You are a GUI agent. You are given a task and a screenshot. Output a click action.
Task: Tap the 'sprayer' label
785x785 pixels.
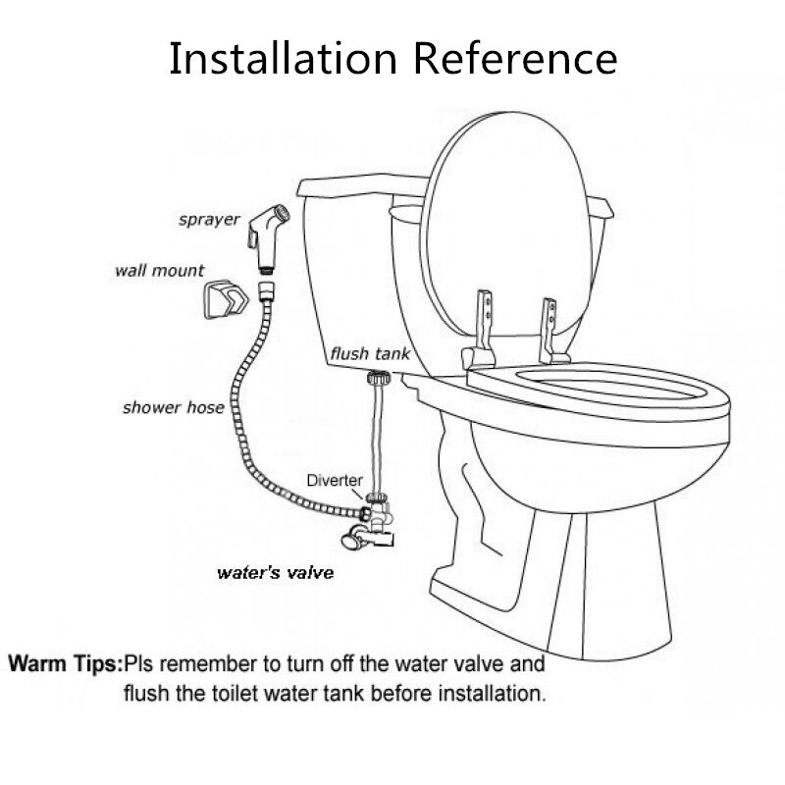pyautogui.click(x=209, y=219)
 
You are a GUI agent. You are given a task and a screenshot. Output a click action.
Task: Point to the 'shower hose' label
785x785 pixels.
pyautogui.click(x=173, y=406)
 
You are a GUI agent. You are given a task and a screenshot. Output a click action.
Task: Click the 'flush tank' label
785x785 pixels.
pyautogui.click(x=369, y=353)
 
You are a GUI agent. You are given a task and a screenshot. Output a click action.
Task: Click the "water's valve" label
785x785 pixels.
pyautogui.click(x=275, y=573)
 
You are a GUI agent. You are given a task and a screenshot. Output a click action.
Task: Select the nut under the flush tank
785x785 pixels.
pyautogui.click(x=375, y=378)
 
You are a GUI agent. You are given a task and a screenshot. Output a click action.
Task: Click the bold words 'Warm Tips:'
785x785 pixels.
pyautogui.click(x=66, y=663)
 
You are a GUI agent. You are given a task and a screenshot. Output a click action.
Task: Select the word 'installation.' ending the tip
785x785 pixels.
pyautogui.click(x=491, y=694)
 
